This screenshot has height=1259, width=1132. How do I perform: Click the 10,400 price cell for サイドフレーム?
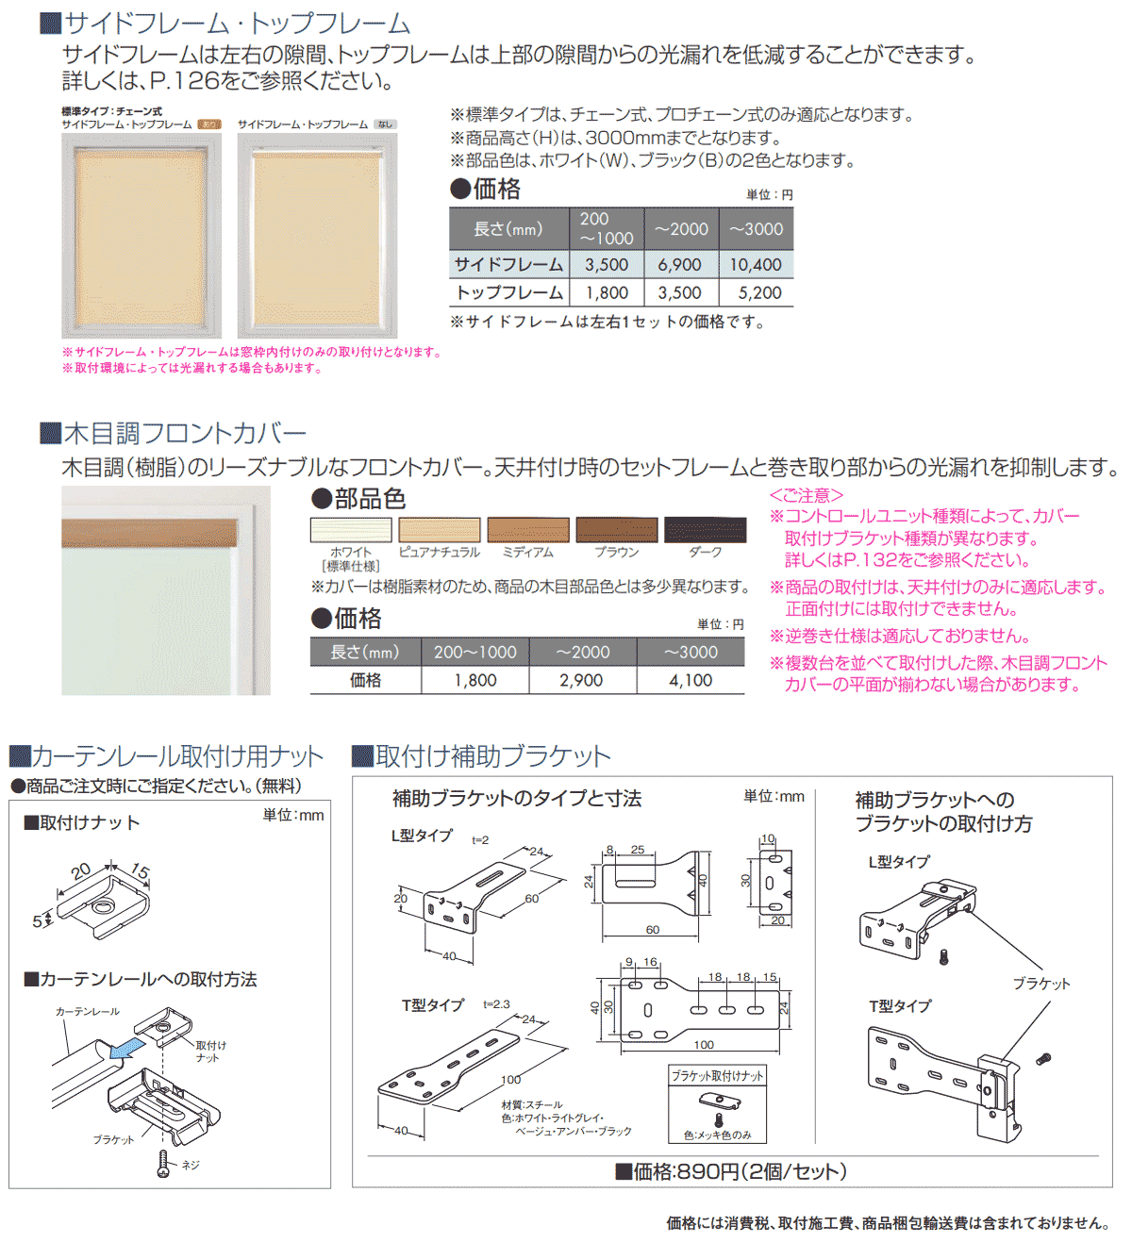click(756, 265)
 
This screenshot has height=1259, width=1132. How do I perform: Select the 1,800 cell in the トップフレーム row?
click(607, 292)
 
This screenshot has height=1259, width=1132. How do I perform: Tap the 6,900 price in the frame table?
click(679, 265)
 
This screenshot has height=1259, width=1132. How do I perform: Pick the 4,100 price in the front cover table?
click(691, 680)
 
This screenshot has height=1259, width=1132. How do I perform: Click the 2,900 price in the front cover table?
click(581, 680)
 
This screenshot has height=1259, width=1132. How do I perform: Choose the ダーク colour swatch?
click(705, 530)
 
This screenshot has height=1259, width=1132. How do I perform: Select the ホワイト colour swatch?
click(351, 530)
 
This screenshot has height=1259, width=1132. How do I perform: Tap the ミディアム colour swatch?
click(528, 530)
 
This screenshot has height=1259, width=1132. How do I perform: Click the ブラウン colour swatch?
click(617, 530)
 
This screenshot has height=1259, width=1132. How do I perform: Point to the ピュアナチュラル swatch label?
click(439, 553)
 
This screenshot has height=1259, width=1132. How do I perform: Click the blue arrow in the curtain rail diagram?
click(126, 1048)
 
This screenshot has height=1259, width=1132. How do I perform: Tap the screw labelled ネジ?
click(163, 1164)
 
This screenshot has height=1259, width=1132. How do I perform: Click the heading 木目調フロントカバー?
click(185, 434)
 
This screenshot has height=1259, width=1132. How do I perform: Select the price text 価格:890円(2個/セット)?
click(740, 1171)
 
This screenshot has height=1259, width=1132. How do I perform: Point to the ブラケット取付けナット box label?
click(717, 1076)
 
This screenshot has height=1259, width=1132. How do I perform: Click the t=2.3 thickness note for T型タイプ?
click(496, 1004)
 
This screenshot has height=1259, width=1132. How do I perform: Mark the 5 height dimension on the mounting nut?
click(37, 921)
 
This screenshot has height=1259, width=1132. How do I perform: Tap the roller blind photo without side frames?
click(317, 236)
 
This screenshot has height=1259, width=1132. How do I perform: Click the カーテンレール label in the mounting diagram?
click(88, 1011)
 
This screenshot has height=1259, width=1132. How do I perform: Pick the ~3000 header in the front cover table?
click(691, 652)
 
